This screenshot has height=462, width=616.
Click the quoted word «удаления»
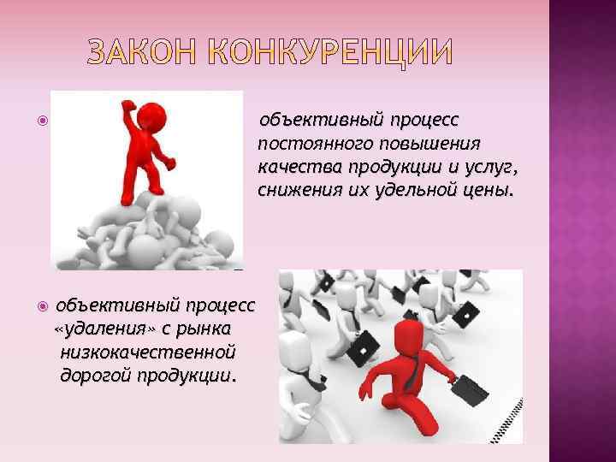(x=94, y=329)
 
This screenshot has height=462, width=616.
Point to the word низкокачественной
(x=148, y=352)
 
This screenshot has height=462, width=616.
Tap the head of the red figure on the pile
(x=156, y=114)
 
